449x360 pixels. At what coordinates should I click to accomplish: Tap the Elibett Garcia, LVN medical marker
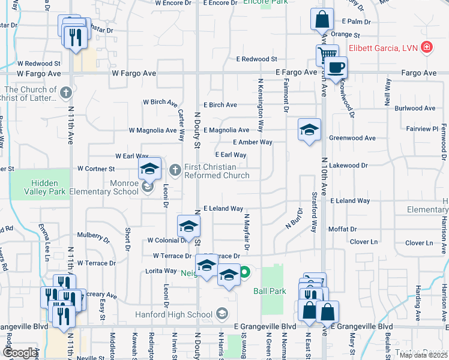[x=427, y=47]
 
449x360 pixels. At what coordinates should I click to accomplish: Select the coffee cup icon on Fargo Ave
[x=337, y=67]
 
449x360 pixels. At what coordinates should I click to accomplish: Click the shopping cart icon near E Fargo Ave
[x=327, y=56]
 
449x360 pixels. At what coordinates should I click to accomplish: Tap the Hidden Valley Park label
[x=45, y=187]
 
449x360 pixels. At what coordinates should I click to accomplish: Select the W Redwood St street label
[x=38, y=63]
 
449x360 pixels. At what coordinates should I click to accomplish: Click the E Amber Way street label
[x=253, y=142]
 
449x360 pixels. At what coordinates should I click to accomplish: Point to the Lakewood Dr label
[x=348, y=165]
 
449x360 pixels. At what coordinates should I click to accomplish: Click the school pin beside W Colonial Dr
[x=188, y=226]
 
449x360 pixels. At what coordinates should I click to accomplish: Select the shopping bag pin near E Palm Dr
[x=322, y=19]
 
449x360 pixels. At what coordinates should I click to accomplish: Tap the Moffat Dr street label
[x=342, y=229]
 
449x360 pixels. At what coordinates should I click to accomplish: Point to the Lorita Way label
[x=161, y=271]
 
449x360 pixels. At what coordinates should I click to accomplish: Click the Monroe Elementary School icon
[x=148, y=188]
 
